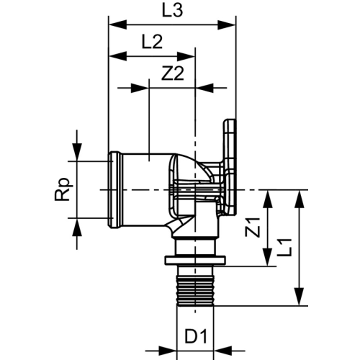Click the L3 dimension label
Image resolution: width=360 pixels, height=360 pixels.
coord(172,11)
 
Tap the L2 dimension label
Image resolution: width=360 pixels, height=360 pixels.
coord(153,42)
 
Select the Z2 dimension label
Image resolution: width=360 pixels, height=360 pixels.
coord(173,73)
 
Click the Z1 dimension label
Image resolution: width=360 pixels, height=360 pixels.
coord(253,227)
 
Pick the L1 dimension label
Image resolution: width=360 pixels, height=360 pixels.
coord(284,248)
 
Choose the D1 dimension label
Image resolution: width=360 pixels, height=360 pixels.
coord(196,336)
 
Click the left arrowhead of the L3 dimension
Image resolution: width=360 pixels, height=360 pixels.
coord(117,25)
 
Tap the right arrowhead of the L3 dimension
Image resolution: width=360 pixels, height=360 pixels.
coord(226,25)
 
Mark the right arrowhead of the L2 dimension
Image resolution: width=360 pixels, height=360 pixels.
coord(186,57)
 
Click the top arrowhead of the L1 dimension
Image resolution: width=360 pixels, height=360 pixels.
coord(300,199)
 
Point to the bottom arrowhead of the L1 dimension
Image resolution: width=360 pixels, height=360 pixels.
coord(300,297)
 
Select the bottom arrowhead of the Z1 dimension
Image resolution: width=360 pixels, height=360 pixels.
coord(268,257)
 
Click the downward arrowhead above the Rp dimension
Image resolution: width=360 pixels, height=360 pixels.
coord(77,152)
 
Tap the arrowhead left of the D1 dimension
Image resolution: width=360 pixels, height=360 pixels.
coord(168,353)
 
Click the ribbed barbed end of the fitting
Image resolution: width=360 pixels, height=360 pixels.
coord(195,291)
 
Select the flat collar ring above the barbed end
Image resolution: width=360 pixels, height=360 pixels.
coord(195,261)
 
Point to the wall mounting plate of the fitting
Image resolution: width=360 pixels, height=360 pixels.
coord(230,168)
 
